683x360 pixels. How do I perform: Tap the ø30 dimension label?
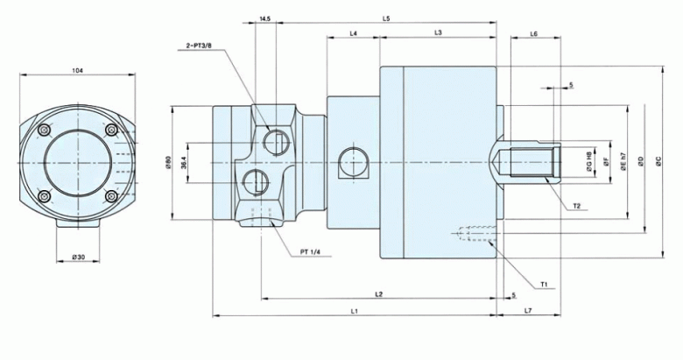pyautogui.click(x=79, y=257)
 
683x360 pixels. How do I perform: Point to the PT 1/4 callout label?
pyautogui.click(x=312, y=252)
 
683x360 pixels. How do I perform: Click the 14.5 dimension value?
pyautogui.click(x=265, y=18)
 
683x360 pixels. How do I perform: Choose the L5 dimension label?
pyautogui.click(x=386, y=18)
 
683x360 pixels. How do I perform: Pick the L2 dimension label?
pyautogui.click(x=378, y=293)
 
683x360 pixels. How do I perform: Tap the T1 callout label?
pyautogui.click(x=544, y=285)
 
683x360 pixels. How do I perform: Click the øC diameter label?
pyautogui.click(x=658, y=162)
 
